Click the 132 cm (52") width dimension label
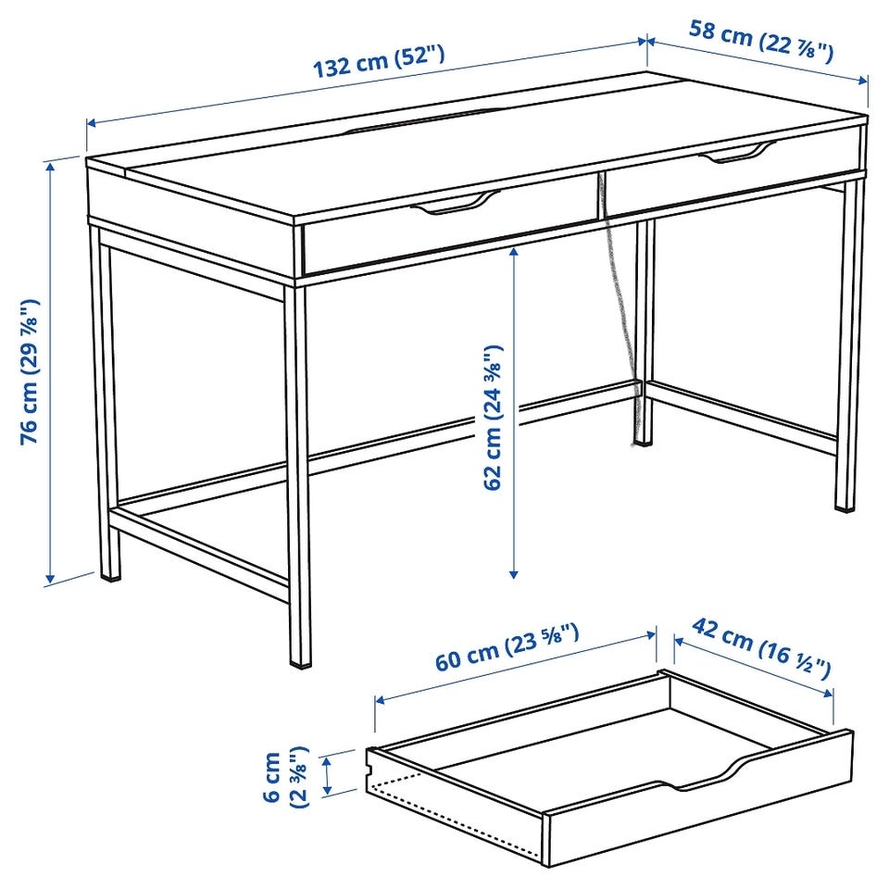coord(379,61)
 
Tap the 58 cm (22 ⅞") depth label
coord(761,39)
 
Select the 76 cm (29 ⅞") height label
coord(30,371)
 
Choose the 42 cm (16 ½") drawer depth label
coord(761,648)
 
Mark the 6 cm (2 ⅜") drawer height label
coord(285,776)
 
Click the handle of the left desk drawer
coord(456,203)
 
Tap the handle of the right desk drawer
coord(738,153)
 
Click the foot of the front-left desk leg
coord(110,575)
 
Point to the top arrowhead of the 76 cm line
coord(51,168)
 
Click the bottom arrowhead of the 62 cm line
coord(514,573)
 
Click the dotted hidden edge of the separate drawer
coord(454,817)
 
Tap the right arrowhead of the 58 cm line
coord(862,80)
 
